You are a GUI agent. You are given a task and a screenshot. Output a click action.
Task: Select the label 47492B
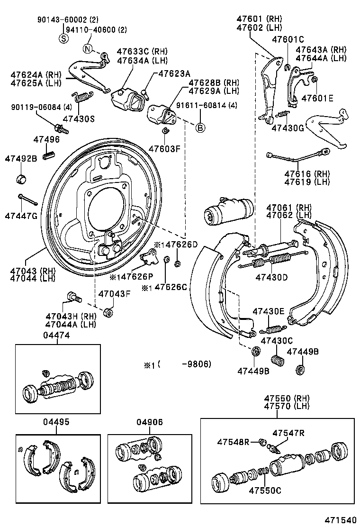pyautogui.click(x=21, y=158)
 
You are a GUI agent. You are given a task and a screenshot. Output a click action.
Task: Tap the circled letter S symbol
pyautogui.click(x=63, y=39)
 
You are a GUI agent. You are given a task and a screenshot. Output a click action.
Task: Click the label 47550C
pyautogui.click(x=266, y=490)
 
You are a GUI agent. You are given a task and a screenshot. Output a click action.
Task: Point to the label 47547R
pyautogui.click(x=288, y=432)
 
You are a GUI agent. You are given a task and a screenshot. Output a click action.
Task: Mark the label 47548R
pyautogui.click(x=234, y=442)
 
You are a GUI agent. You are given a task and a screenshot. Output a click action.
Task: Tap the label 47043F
pyautogui.click(x=114, y=293)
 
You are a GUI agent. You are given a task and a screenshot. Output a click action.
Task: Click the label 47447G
pyautogui.click(x=21, y=216)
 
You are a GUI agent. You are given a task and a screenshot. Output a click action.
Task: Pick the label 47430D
pyautogui.click(x=272, y=277)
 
